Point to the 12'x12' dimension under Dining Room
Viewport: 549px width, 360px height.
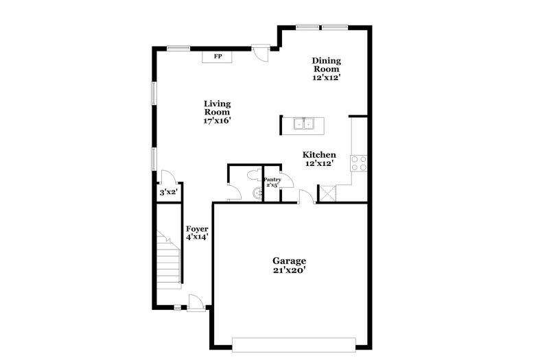point(327,77)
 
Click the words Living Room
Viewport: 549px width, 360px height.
point(217,108)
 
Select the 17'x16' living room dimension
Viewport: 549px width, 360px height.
point(217,121)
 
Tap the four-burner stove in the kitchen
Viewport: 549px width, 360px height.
point(359,163)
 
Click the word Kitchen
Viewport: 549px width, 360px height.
point(320,155)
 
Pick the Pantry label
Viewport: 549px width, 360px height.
point(272,180)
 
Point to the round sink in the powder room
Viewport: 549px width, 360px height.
point(259,193)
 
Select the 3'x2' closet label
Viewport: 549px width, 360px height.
point(169,193)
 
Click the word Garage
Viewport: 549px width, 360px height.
point(289,261)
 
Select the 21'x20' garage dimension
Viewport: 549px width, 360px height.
point(289,271)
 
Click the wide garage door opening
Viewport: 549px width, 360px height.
point(294,344)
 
